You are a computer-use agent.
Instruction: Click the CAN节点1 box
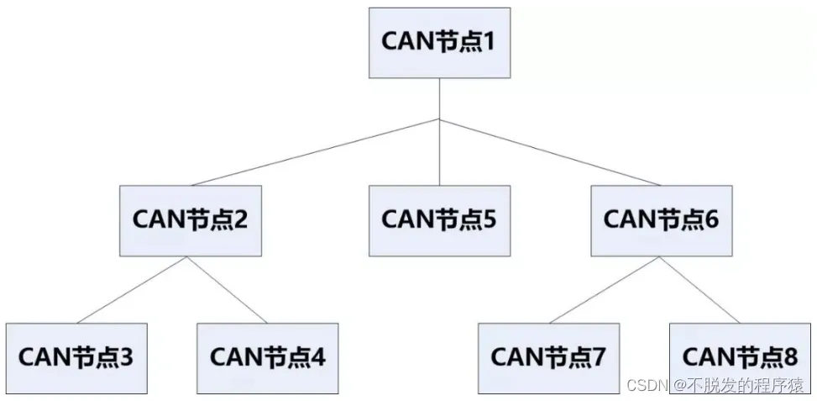(439, 42)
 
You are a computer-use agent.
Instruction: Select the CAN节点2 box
(190, 220)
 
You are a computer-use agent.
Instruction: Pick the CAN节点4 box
(267, 357)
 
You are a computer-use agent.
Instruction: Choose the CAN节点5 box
(439, 220)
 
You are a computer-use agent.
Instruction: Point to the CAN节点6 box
(661, 220)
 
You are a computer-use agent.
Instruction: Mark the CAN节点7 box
(548, 357)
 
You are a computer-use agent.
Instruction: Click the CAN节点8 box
(740, 357)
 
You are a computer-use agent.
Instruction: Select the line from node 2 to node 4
(227, 288)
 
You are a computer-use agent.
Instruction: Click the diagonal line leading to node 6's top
(550, 152)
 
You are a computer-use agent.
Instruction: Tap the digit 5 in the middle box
(489, 220)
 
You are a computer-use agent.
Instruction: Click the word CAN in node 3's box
(47, 357)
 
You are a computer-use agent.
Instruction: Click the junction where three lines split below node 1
(439, 119)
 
